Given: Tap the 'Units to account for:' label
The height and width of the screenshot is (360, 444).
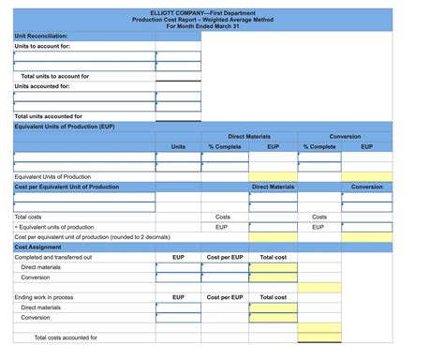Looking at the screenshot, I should [x=42, y=45].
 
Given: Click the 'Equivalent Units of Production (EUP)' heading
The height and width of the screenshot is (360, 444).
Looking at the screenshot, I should [x=65, y=126].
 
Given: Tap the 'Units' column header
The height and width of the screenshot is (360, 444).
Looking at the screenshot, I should [x=178, y=146].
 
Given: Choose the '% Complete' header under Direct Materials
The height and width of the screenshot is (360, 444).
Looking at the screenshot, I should [x=225, y=146].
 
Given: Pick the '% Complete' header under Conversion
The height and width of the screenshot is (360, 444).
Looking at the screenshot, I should [x=319, y=146].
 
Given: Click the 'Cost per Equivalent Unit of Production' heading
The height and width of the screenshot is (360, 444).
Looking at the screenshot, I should [x=67, y=187].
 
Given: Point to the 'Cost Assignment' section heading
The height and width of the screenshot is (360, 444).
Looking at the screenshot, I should [x=38, y=247].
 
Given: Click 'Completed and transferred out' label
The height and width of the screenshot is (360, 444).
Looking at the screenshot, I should [x=53, y=257].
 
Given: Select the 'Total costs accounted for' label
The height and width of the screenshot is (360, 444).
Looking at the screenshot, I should [x=66, y=337].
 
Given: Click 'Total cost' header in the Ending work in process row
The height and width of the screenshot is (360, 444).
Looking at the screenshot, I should [x=273, y=297].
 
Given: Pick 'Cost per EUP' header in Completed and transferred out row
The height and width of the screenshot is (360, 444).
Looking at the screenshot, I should [x=225, y=257].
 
